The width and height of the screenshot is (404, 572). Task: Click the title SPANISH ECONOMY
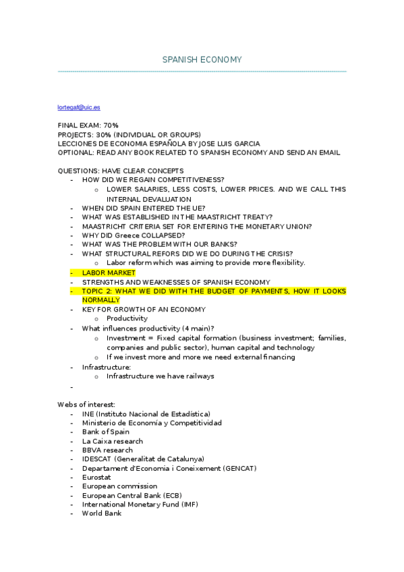(202, 60)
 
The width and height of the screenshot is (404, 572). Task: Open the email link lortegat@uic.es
(79, 107)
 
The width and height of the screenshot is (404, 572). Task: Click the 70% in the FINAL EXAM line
(111, 125)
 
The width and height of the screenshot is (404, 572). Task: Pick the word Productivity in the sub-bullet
(127, 318)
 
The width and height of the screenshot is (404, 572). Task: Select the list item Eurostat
(97, 477)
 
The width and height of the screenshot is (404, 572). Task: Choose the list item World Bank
(101, 513)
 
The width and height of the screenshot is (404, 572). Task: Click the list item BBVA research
(107, 450)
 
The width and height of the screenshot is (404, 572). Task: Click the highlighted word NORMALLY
(101, 300)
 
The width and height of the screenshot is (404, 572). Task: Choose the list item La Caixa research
(112, 441)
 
